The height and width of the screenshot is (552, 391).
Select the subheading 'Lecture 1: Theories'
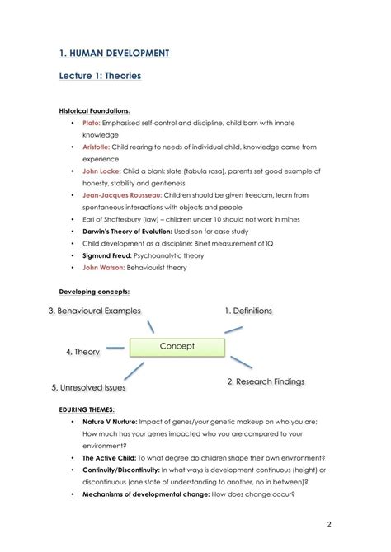pos(100,76)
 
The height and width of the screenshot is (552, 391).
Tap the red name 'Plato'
pos(90,123)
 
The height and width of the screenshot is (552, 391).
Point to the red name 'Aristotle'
pos(97,147)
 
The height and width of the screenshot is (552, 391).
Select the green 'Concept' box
pos(177,347)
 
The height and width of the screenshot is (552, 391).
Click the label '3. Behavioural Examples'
pos(94,311)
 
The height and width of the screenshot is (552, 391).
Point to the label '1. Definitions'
pos(247,311)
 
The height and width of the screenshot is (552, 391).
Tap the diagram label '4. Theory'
pos(82,352)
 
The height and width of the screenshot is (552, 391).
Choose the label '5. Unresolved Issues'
pos(88,387)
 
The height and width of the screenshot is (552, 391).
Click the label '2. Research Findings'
pos(265,381)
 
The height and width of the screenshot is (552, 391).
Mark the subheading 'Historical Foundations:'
pos(94,110)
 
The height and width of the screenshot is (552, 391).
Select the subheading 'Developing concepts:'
pos(93,292)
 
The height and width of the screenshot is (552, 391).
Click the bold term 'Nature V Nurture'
pos(110,421)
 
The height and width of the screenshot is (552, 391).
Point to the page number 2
pos(328,524)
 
